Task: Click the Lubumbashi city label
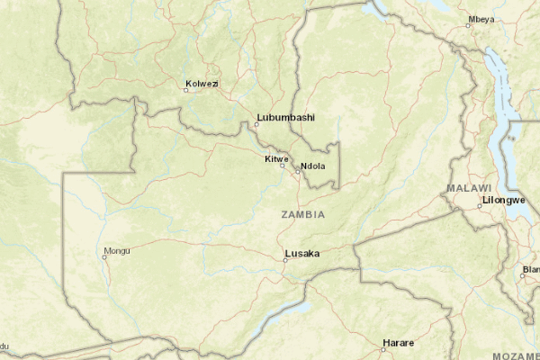click(285, 117)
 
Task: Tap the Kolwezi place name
click(202, 85)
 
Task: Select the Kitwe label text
click(275, 158)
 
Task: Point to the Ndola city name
click(313, 166)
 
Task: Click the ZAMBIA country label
click(303, 215)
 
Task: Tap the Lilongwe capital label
click(504, 199)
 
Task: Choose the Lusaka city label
click(301, 253)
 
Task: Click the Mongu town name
click(117, 250)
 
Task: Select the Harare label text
click(398, 343)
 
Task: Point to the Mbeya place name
click(481, 19)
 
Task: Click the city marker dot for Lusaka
click(284, 260)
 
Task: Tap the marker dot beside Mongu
click(104, 257)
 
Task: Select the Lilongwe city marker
click(480, 206)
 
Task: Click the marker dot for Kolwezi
click(185, 89)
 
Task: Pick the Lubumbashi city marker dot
click(256, 124)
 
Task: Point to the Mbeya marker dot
click(468, 25)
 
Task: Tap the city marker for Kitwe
click(283, 166)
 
